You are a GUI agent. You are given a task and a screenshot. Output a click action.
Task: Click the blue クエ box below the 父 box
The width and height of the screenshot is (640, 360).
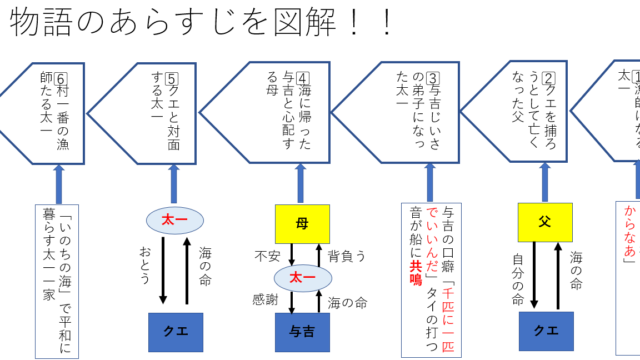(x=545, y=329)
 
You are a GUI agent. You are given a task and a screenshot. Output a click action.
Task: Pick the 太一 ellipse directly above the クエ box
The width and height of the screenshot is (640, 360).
(x=176, y=220)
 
